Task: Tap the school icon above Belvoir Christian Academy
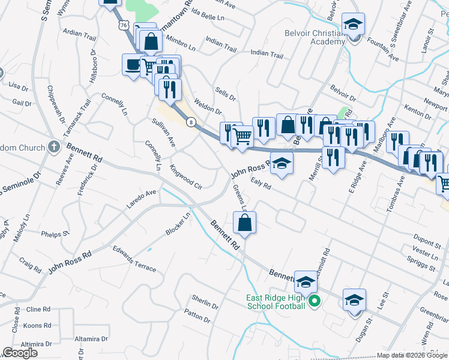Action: pos(354,25)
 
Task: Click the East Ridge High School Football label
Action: pos(276,302)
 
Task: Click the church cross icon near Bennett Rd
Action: pos(53,146)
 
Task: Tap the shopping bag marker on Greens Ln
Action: pos(245,223)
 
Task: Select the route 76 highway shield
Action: pos(124,25)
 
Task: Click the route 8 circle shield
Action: pos(191,122)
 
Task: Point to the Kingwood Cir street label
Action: pos(186,177)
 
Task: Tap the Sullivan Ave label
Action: pos(163,133)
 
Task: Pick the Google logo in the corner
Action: pos(20,353)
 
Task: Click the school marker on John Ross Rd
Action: pos(280,163)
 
